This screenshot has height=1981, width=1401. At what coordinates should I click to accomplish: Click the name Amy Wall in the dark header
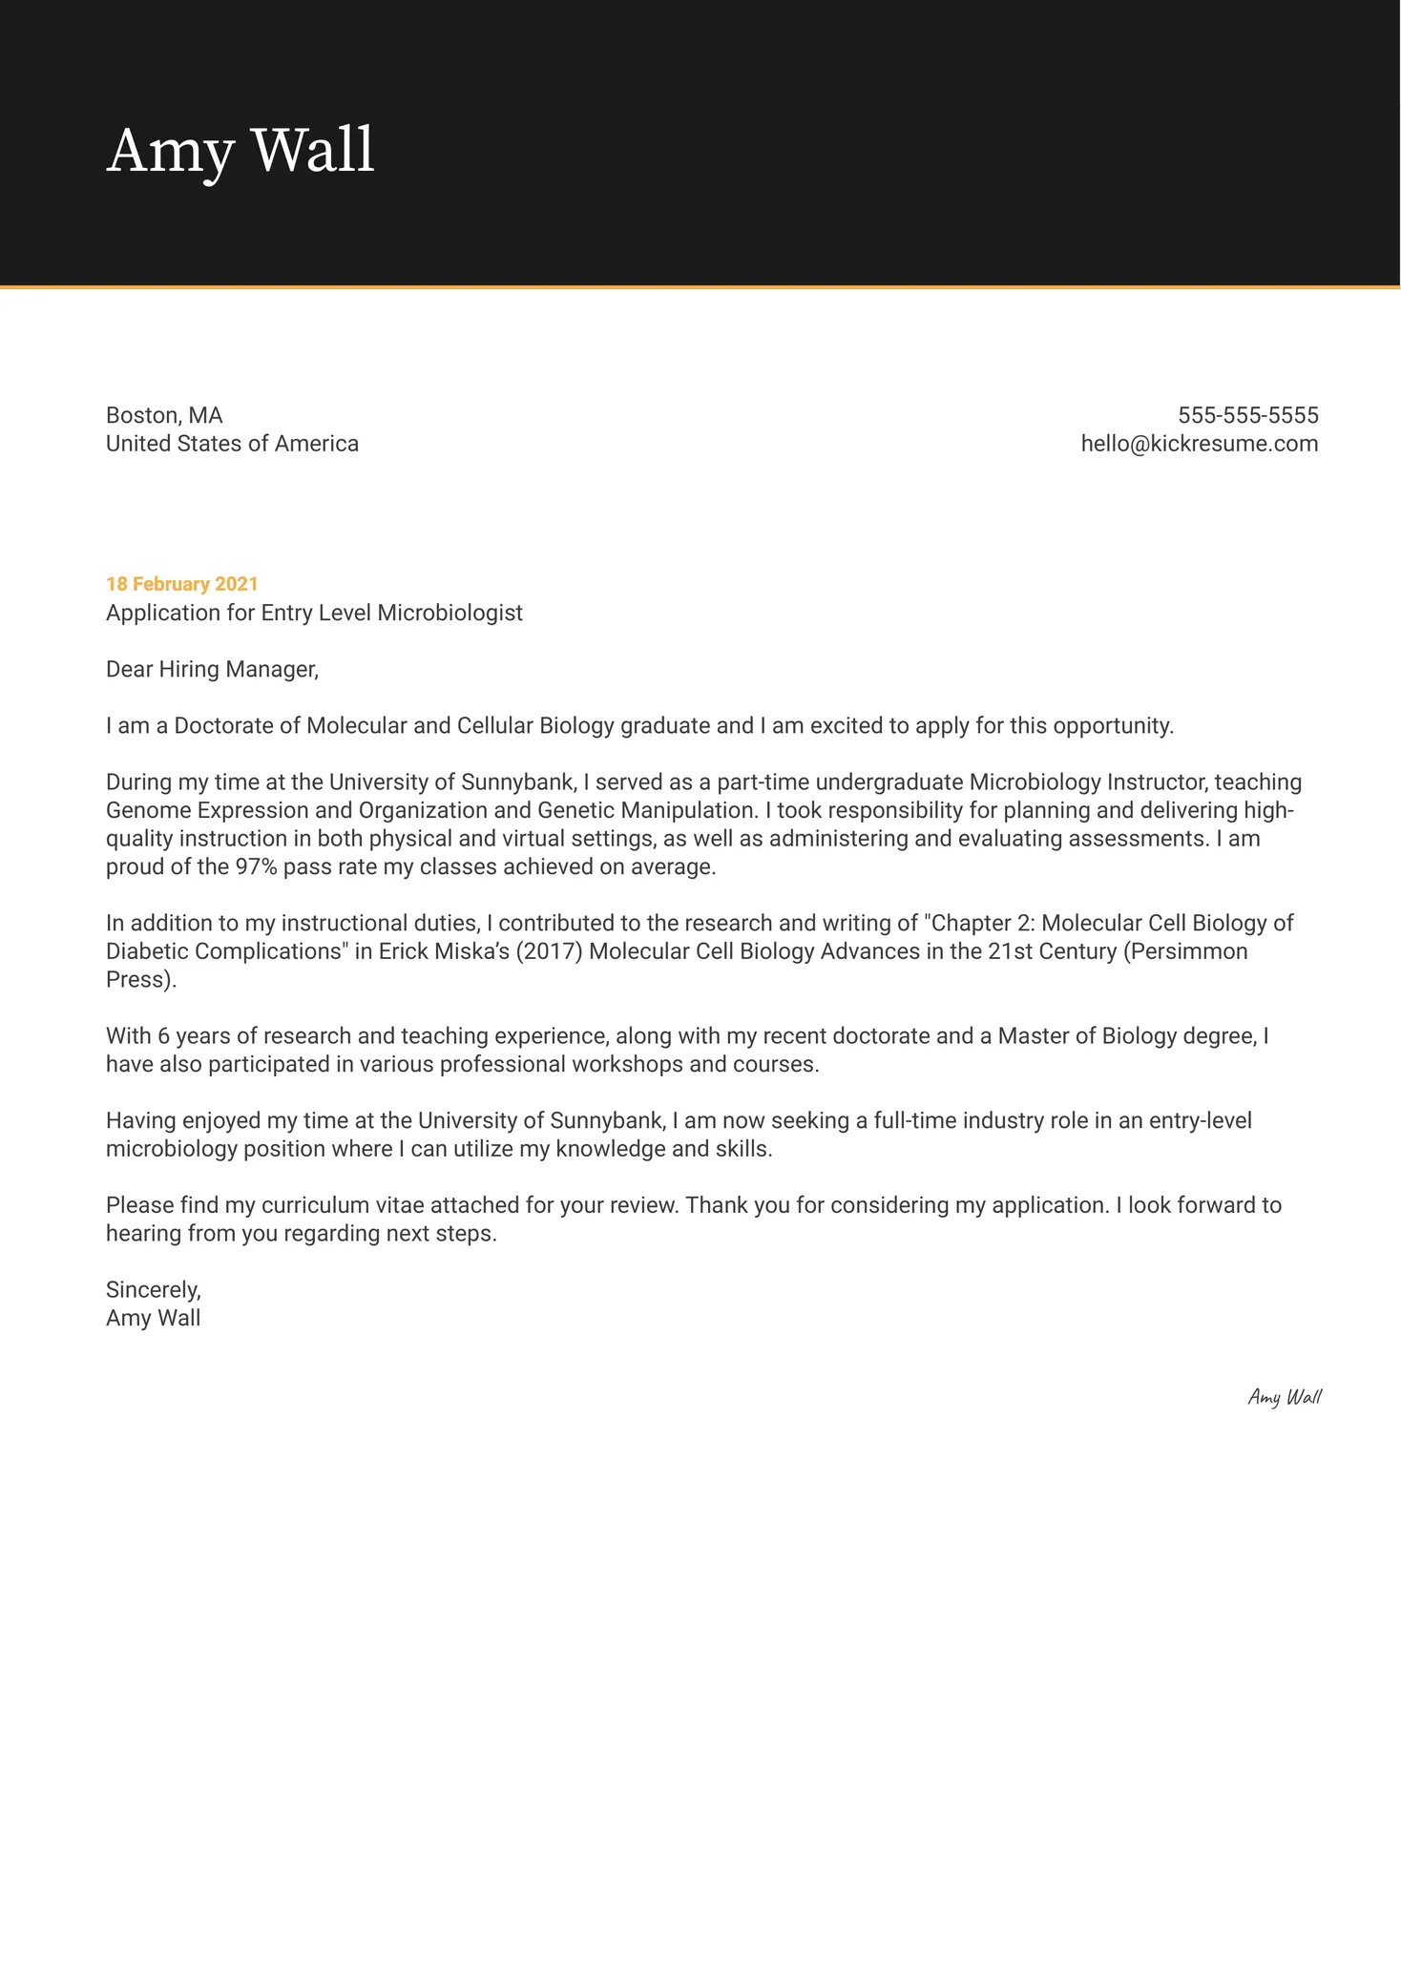(240, 151)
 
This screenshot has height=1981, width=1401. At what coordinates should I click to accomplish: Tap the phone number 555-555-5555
(1247, 415)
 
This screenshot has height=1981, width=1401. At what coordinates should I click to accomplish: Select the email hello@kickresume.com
(1199, 444)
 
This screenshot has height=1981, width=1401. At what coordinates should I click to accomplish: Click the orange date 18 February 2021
(181, 584)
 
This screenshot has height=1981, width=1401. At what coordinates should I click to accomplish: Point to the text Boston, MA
(164, 415)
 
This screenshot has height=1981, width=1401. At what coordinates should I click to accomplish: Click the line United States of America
(232, 444)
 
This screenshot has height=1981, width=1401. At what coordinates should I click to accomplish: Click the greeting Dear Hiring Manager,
(212, 669)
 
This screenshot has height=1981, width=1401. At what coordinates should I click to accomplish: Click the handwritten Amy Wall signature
(1285, 1397)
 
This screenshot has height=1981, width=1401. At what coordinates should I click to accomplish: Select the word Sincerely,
(154, 1289)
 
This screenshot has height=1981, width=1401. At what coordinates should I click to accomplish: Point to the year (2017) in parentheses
(549, 951)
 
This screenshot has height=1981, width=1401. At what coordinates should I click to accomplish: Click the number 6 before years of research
(163, 1035)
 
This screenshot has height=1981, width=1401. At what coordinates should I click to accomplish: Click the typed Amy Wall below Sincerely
(153, 1318)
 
